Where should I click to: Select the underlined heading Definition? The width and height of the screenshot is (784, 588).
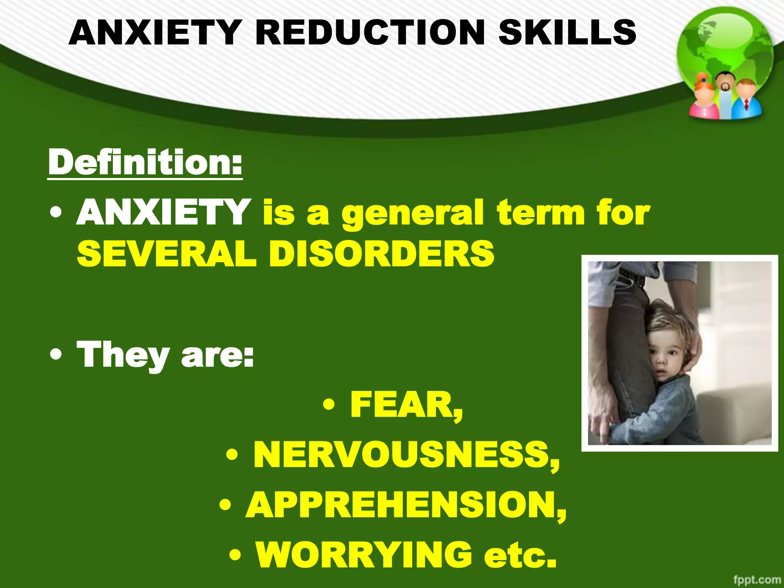point(145,163)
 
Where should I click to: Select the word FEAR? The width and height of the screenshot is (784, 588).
point(406,405)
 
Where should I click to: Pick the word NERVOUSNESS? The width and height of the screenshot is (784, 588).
point(406,456)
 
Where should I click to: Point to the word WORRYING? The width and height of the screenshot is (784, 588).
point(364,555)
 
